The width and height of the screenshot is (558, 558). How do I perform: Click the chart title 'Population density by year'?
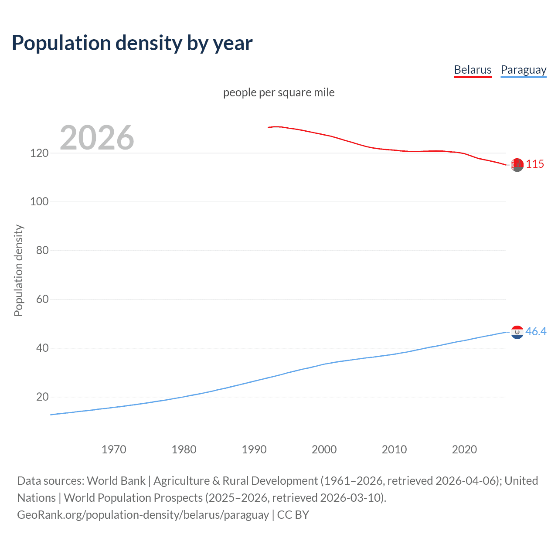click(132, 43)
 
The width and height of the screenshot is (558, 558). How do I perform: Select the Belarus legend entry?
click(473, 70)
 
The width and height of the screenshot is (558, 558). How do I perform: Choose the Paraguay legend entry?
click(523, 70)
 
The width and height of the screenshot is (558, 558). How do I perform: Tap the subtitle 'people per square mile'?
click(279, 92)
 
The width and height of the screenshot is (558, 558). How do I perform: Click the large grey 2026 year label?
click(97, 138)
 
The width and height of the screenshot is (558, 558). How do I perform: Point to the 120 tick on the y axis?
click(39, 153)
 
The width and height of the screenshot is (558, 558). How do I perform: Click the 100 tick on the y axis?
click(39, 202)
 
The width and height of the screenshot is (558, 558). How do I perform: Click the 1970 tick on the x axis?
click(114, 449)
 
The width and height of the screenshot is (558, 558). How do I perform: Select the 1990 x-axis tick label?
click(254, 449)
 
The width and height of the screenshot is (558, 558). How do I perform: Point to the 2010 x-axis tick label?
click(394, 449)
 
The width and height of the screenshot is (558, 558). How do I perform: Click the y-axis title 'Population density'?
click(18, 270)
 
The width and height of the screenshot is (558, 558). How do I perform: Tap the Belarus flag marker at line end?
click(517, 165)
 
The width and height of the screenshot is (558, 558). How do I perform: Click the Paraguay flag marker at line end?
click(517, 332)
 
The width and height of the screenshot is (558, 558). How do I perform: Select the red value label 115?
click(535, 164)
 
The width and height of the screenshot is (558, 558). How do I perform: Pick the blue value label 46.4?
click(536, 332)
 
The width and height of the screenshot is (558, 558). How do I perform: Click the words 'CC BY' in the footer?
click(293, 515)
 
